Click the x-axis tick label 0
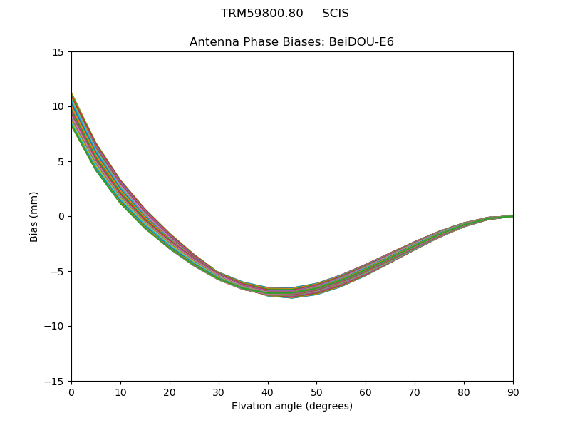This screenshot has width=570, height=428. [x=71, y=392]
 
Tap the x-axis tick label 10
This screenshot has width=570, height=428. [x=120, y=392]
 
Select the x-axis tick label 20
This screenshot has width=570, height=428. [x=170, y=392]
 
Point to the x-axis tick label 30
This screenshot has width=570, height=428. [x=219, y=392]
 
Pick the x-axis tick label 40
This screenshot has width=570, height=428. [x=268, y=392]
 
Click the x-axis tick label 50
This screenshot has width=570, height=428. [x=316, y=392]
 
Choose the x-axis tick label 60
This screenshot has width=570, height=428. [x=366, y=392]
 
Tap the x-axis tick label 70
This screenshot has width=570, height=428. [x=415, y=392]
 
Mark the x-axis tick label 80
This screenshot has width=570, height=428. [x=464, y=392]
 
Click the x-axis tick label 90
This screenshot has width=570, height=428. [x=513, y=392]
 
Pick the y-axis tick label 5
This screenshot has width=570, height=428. [x=62, y=162]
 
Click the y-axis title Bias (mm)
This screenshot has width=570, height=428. [x=34, y=217]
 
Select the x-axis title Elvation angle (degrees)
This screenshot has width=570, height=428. [x=292, y=407]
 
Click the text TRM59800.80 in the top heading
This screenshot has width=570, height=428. [x=262, y=14]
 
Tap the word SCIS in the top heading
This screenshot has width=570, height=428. [x=336, y=14]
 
